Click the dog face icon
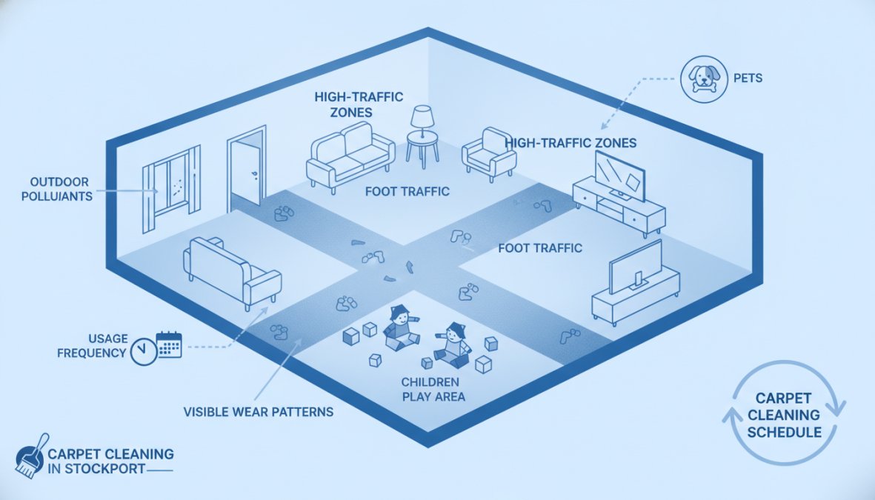click(x=704, y=79)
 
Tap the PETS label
click(x=748, y=78)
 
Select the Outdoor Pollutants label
click(x=57, y=189)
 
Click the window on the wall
click(x=171, y=187)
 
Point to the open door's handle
click(x=254, y=174)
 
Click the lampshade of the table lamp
click(x=422, y=116)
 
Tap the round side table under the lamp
click(x=422, y=148)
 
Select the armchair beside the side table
click(x=488, y=153)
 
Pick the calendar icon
click(x=169, y=345)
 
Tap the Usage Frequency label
click(x=92, y=346)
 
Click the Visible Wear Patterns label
click(x=259, y=412)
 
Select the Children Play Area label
click(x=433, y=390)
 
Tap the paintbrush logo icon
click(x=31, y=456)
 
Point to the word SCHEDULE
click(x=784, y=433)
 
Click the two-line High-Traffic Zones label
click(x=359, y=104)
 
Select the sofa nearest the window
click(x=232, y=273)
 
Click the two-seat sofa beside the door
click(x=350, y=155)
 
